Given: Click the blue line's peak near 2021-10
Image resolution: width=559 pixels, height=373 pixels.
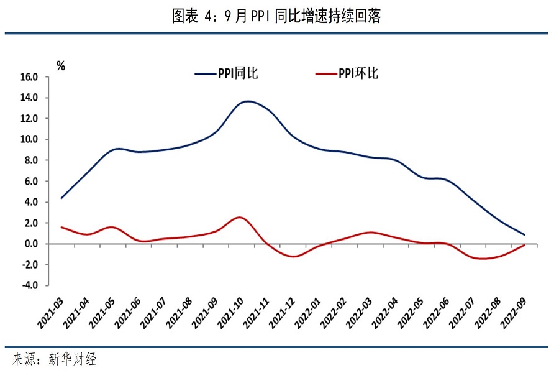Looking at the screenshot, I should click(x=248, y=101).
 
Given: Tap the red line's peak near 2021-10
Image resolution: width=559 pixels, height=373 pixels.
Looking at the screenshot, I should click(x=240, y=217).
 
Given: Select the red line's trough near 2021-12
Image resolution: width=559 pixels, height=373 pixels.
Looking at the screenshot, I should click(x=293, y=257).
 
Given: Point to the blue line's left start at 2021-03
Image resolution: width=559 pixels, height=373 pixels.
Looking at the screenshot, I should click(x=61, y=198).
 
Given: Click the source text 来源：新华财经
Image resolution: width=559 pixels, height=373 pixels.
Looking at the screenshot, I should click(x=55, y=359).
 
